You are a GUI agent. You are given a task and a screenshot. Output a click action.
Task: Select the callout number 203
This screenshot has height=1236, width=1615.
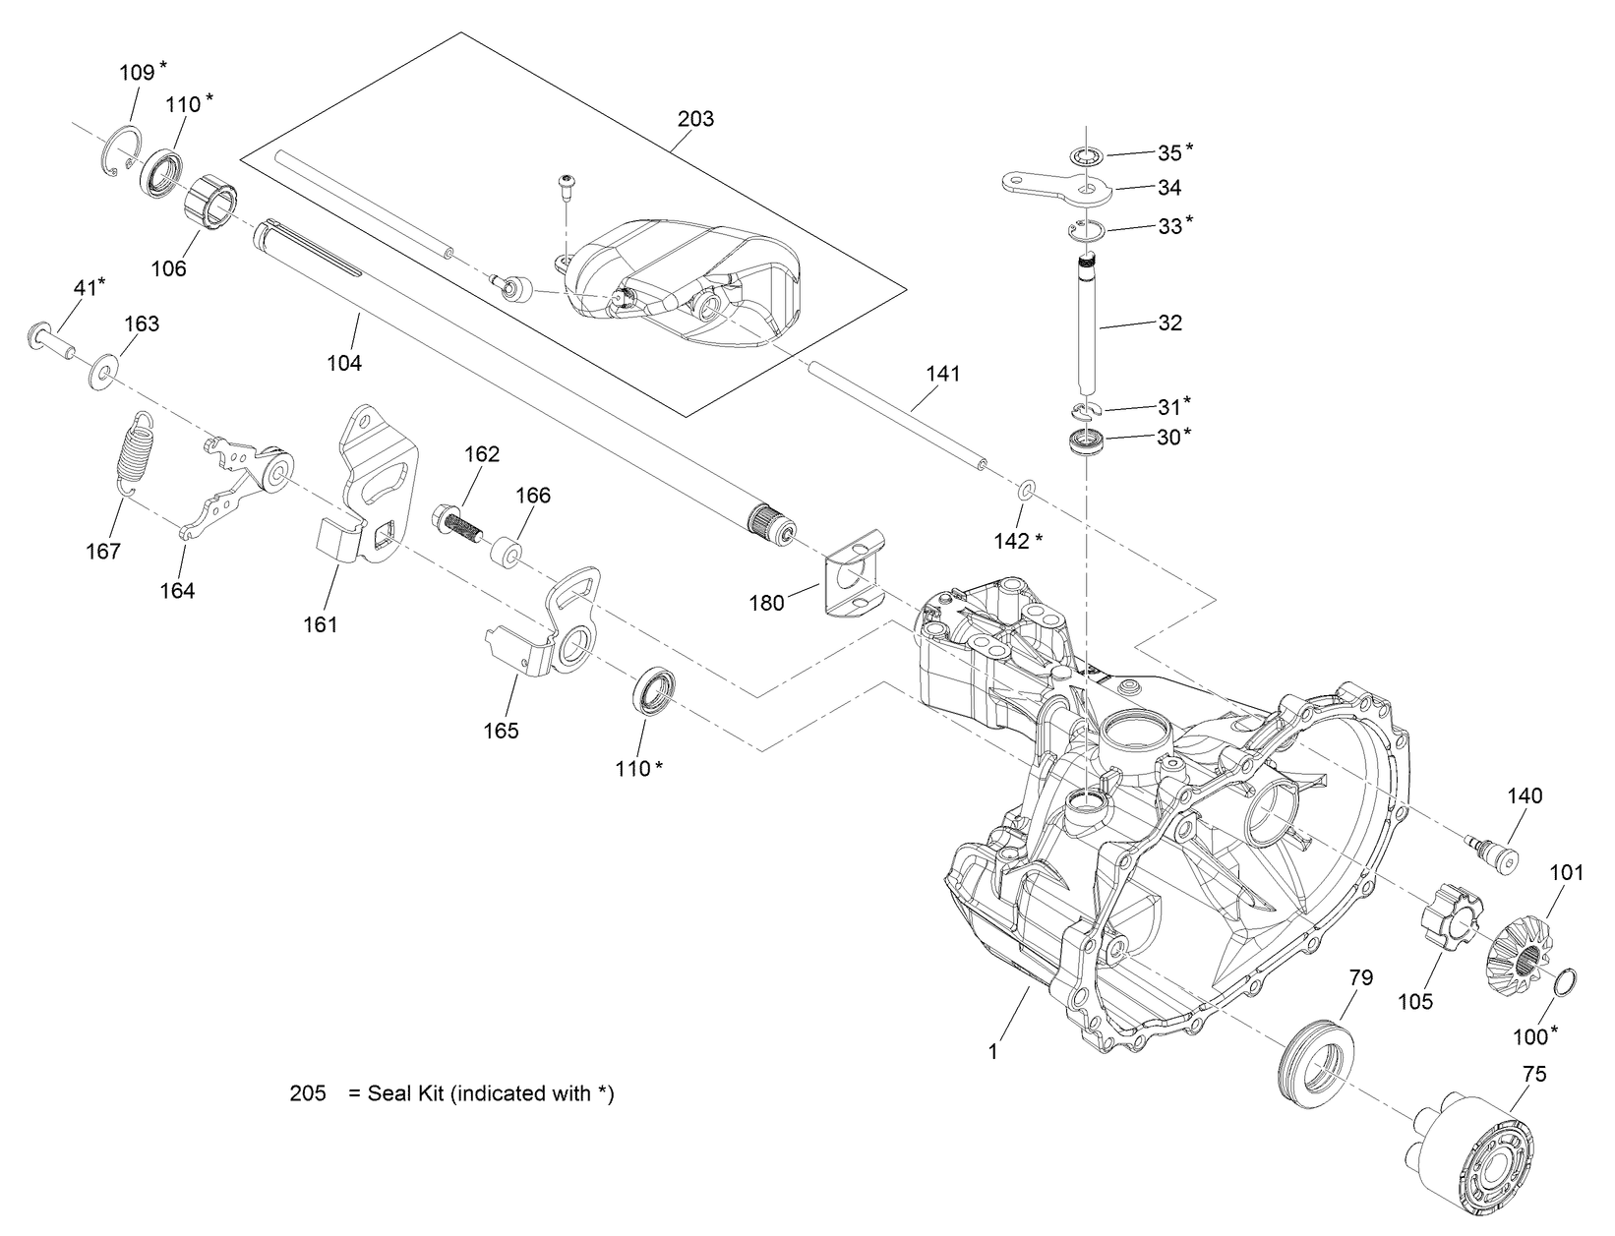pyautogui.click(x=695, y=119)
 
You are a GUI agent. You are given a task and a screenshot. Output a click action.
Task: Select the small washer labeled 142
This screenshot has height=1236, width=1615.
pyautogui.click(x=1025, y=489)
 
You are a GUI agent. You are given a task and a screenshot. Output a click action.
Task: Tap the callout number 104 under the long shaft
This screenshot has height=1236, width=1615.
pyautogui.click(x=344, y=363)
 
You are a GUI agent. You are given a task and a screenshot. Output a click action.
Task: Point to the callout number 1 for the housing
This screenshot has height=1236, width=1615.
pyautogui.click(x=993, y=1051)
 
